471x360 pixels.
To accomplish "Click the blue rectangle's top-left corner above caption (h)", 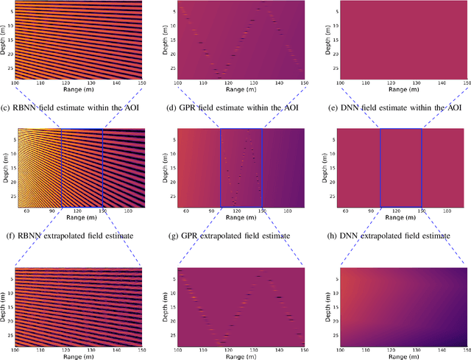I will tap(380, 129).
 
